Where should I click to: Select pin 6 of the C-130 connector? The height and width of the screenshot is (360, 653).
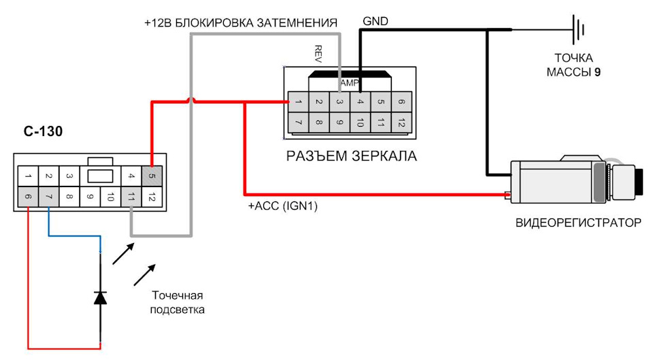[28, 198]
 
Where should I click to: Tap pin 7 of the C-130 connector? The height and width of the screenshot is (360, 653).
[48, 198]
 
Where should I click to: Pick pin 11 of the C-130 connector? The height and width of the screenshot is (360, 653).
[131, 198]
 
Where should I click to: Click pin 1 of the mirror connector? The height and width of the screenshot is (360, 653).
[298, 102]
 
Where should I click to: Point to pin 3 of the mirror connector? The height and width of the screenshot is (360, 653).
[339, 102]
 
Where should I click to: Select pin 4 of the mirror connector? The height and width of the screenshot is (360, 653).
[360, 102]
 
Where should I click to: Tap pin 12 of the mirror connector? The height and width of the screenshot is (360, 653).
[401, 123]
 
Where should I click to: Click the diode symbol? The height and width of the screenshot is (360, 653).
[101, 297]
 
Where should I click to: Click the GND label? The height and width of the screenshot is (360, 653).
[375, 21]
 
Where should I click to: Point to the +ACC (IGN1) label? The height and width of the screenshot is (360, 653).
[284, 204]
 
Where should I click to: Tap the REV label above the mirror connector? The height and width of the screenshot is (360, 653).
[318, 52]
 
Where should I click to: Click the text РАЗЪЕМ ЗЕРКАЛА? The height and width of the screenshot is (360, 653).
[350, 157]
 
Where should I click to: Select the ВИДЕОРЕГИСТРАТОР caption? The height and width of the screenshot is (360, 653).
[577, 223]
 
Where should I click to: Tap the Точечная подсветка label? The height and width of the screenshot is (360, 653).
[178, 302]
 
